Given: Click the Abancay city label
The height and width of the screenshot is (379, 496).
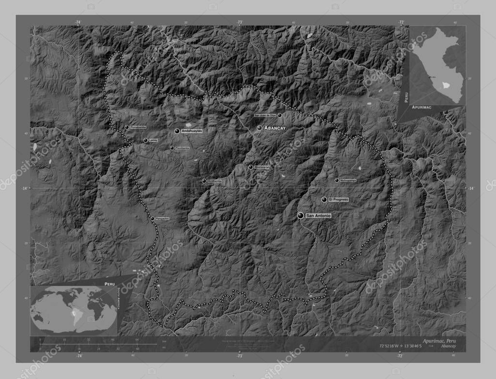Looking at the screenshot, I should coord(275,128).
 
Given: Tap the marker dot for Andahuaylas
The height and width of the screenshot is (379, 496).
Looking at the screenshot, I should coord(177,131).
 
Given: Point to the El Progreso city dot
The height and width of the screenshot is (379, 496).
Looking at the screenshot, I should coord(324,199).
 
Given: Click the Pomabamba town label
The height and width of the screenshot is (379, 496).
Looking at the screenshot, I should coord(138,127).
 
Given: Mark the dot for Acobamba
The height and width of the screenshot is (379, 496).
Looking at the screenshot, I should coord(204,181).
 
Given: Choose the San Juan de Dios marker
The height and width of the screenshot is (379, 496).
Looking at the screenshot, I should coord(279,115).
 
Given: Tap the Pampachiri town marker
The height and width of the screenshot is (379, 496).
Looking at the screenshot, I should coord(153,219).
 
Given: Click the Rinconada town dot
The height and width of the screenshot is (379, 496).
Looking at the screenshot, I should coord(250,167).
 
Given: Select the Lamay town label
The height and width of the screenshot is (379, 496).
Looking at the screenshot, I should coord(154,140).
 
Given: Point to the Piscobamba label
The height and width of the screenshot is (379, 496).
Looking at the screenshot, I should coord(182,148).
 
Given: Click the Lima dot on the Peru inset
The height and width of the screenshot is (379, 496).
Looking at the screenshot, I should coord(429,76).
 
